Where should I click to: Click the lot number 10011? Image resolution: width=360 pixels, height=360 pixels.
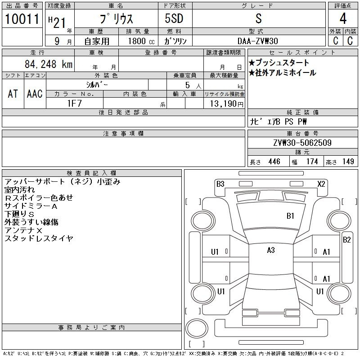22,19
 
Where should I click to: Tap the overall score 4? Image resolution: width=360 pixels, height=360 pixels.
343,18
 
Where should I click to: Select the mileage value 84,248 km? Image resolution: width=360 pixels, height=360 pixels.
49,64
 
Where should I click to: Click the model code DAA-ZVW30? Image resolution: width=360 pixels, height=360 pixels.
258,41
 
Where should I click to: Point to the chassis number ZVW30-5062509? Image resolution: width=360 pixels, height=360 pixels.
302,143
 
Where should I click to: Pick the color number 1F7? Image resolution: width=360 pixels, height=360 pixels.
74,103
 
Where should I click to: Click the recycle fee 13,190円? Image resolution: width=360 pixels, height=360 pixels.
227,104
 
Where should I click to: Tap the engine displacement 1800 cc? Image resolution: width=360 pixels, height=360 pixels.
141,41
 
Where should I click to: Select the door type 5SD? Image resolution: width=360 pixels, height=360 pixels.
174,18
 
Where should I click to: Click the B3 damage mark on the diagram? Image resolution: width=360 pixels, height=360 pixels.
220,184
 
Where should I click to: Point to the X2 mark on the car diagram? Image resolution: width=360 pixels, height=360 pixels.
321,184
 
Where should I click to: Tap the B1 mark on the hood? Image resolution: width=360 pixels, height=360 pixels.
290,216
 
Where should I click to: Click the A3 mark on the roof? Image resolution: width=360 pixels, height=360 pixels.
271,250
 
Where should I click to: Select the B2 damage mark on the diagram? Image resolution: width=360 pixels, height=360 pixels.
346,240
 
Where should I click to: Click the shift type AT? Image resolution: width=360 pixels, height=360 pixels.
13,94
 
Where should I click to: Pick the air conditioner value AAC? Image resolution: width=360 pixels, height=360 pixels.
35,94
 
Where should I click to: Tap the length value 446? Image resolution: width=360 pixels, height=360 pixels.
274,162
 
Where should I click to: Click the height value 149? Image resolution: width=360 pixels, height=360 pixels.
348,162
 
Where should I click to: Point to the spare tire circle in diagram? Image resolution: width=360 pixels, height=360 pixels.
197,328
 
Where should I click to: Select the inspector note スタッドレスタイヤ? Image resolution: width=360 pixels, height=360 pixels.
39,238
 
